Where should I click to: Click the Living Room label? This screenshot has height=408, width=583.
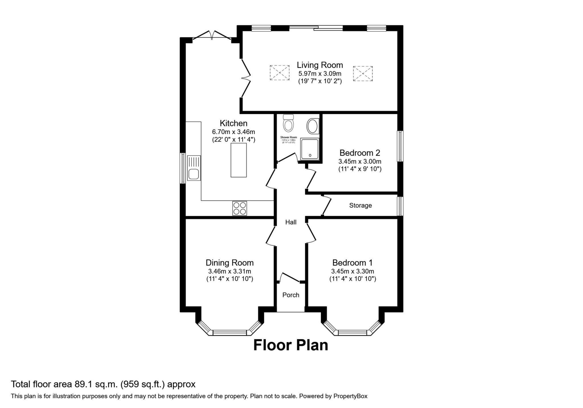point(320,65)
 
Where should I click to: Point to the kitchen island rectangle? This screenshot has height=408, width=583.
point(239,160)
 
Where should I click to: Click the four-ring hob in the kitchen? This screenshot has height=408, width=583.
point(239,208)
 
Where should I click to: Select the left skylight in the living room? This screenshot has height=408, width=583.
point(280,73)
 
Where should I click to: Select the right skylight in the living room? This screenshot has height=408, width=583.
point(363,74)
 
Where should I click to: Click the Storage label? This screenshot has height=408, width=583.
point(360,205)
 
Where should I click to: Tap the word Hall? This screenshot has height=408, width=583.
point(291,222)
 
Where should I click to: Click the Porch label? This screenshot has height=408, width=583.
point(291,295)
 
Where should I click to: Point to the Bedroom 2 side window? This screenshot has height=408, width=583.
point(400,146)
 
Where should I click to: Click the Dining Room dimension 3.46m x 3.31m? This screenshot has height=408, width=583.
point(229,271)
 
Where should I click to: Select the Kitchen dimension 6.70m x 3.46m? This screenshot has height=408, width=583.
point(233,132)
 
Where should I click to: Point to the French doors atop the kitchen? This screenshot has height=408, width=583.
point(212,36)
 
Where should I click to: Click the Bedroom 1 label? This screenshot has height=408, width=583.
point(352,262)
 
